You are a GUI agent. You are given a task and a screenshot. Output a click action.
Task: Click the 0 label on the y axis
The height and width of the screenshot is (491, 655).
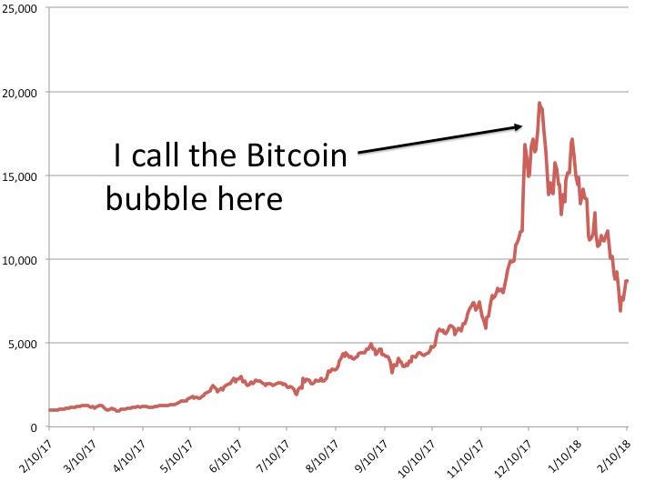point(33,427)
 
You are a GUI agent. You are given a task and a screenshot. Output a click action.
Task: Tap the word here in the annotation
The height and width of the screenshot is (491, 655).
point(250,197)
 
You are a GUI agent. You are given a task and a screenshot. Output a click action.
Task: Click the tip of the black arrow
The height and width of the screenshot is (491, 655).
point(522,126)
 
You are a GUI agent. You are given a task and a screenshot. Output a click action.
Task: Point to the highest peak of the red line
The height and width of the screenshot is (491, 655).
point(539,103)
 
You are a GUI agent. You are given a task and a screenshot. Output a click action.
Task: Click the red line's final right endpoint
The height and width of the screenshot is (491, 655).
point(628,281)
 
